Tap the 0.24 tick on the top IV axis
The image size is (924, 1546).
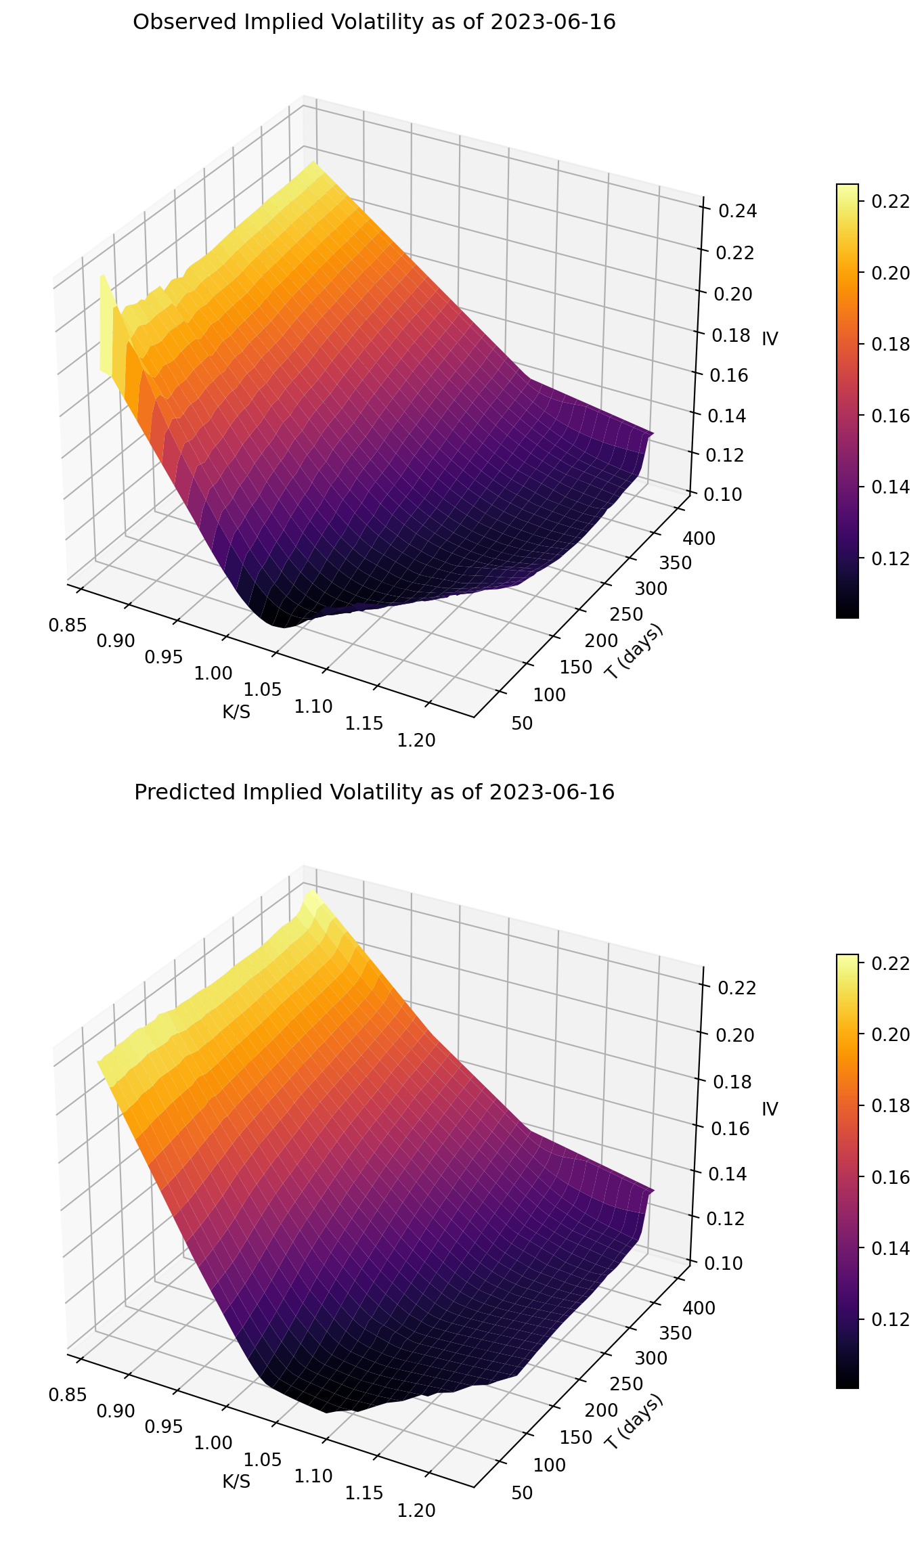pyautogui.click(x=738, y=211)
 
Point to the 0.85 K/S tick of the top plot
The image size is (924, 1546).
pyautogui.click(x=68, y=624)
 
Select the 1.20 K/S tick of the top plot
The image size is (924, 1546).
pyautogui.click(x=416, y=740)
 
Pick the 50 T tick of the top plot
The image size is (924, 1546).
pyautogui.click(x=522, y=724)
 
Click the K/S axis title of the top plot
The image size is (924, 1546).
pyautogui.click(x=236, y=712)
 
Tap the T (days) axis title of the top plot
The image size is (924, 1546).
pyautogui.click(x=634, y=650)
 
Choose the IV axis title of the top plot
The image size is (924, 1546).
pyautogui.click(x=770, y=339)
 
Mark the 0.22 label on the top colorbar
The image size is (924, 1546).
pyautogui.click(x=888, y=201)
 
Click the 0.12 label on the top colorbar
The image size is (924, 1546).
pyautogui.click(x=888, y=558)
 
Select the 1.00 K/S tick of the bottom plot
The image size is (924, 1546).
pyautogui.click(x=213, y=1443)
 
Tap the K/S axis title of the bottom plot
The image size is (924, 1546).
pyautogui.click(x=236, y=1482)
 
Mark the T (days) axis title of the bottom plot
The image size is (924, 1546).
pyautogui.click(x=634, y=1421)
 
